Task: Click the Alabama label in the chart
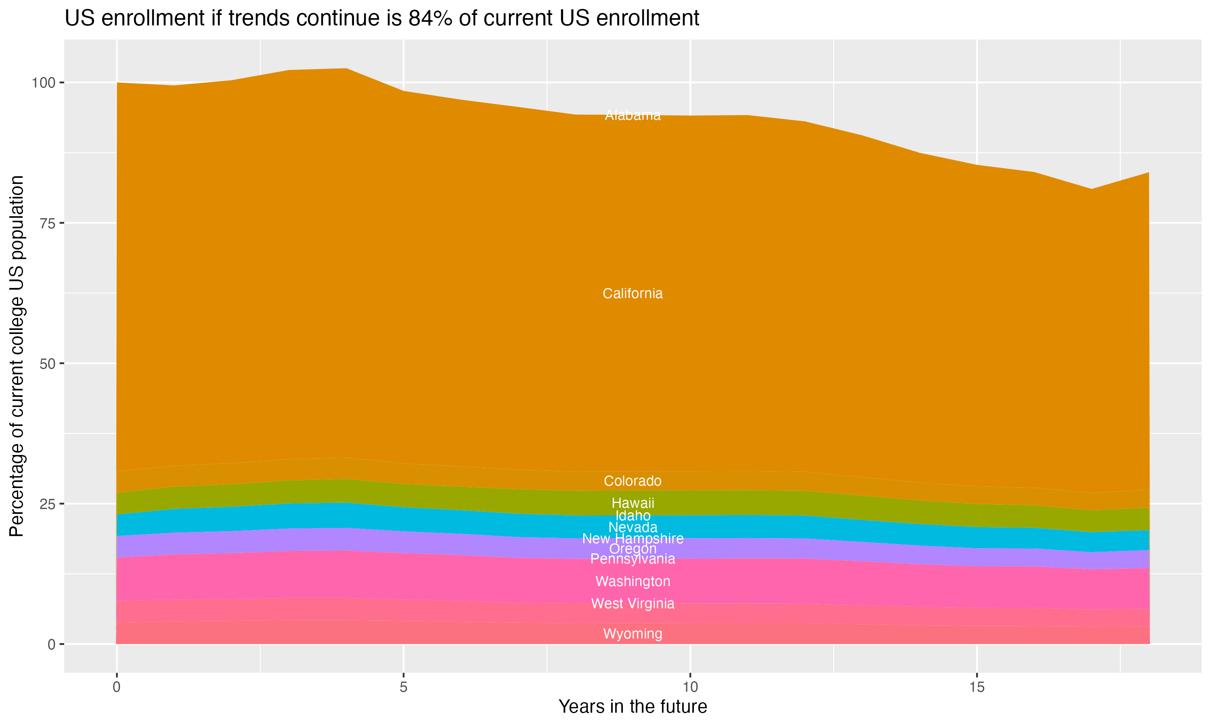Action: point(633,115)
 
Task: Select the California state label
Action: point(633,294)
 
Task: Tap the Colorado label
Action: point(633,481)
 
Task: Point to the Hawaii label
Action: point(633,503)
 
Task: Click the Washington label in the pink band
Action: point(633,581)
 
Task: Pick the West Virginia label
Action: point(633,603)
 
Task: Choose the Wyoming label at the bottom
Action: point(633,634)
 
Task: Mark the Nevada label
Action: point(633,528)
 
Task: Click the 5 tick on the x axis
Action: point(403,687)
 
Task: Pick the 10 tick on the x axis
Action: point(690,687)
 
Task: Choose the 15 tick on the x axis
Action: point(976,687)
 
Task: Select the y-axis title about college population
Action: point(17,356)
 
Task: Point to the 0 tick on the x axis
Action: point(117,687)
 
